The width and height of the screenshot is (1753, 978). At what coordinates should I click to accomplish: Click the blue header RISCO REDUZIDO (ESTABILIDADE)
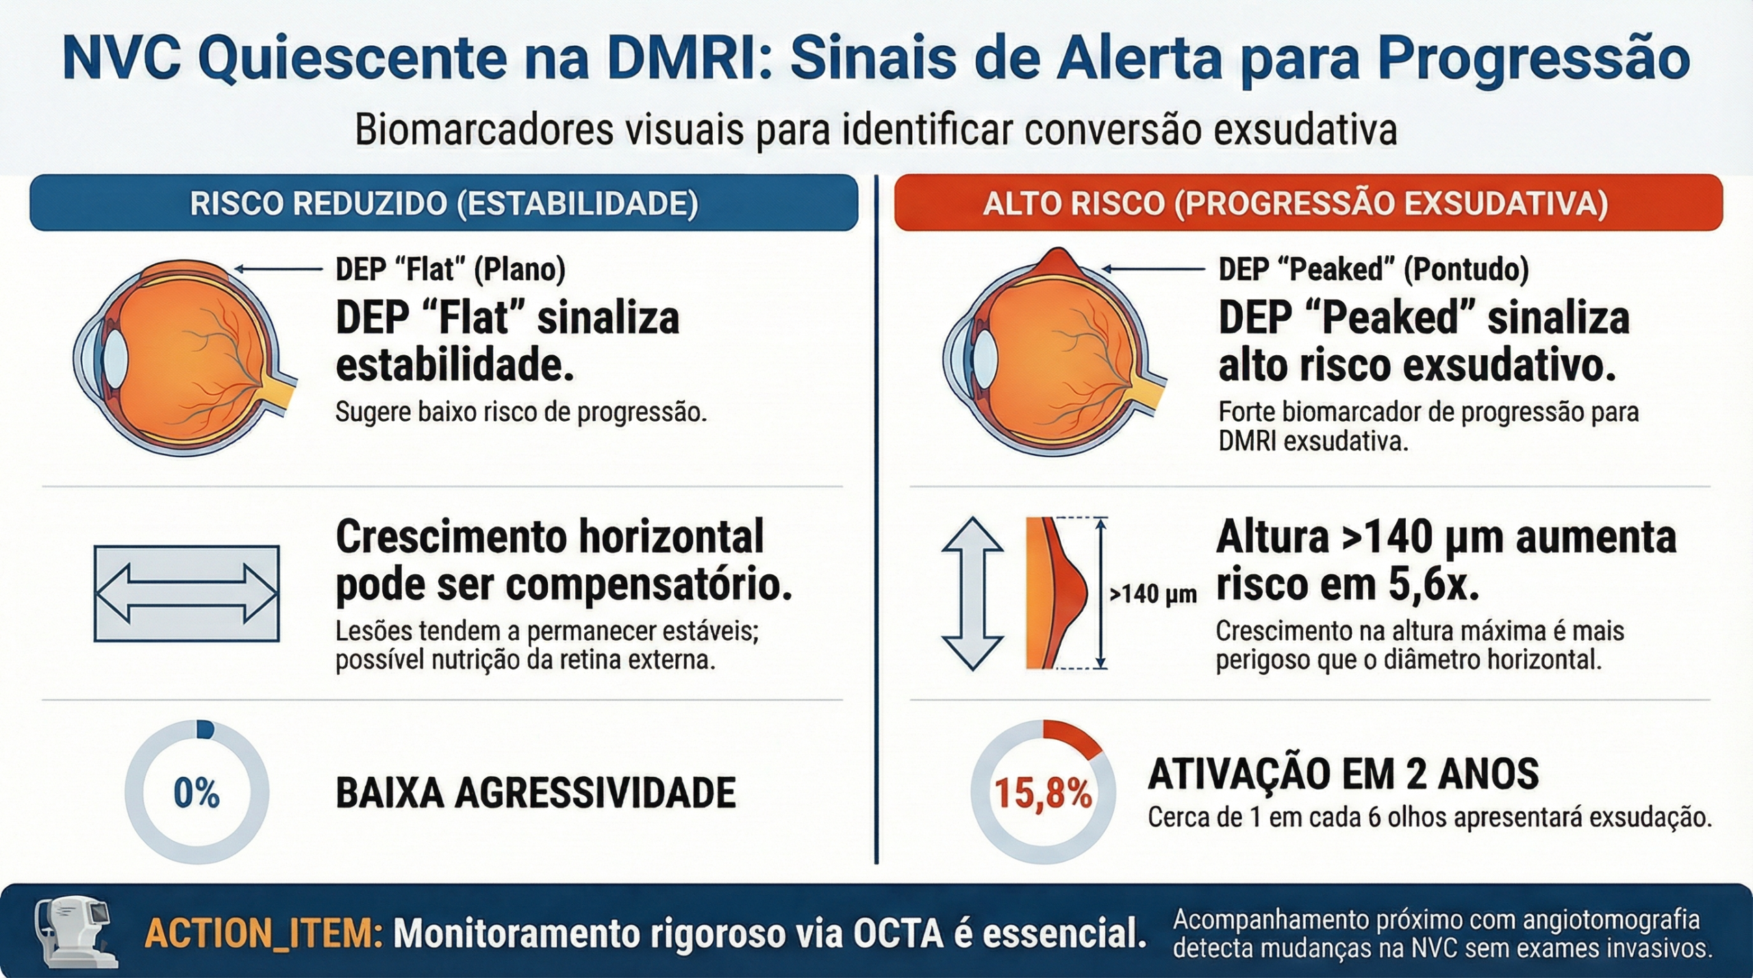[444, 203]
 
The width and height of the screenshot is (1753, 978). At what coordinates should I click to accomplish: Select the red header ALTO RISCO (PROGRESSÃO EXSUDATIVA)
[1308, 203]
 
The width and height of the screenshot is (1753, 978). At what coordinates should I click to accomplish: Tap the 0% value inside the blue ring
[197, 793]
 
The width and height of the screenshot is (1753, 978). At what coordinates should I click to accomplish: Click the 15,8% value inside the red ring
[1043, 794]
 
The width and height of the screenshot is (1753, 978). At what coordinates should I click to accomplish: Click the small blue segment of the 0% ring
[205, 730]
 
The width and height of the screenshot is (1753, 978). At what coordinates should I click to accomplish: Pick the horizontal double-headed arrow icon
[186, 593]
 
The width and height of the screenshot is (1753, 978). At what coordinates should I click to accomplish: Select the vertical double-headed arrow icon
[972, 593]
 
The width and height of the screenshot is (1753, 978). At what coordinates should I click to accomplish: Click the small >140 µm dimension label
[1153, 594]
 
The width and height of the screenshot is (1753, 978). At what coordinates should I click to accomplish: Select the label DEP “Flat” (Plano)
[451, 269]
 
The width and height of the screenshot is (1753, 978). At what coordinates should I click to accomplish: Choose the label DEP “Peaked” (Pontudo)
[1374, 269]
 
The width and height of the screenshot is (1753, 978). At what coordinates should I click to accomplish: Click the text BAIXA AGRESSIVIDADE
[535, 793]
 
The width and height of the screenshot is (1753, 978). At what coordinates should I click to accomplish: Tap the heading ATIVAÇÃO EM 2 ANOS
[1344, 774]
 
